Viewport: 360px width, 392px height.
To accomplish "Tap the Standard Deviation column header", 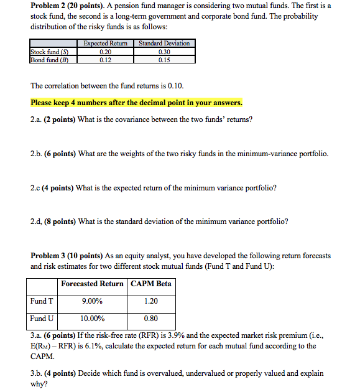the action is click(x=164, y=44).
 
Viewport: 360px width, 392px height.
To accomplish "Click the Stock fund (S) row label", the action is click(x=50, y=52).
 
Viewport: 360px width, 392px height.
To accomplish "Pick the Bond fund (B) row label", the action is click(x=49, y=60).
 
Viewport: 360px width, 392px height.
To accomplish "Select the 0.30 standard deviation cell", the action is click(x=164, y=52).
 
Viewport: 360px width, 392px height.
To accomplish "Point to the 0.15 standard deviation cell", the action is click(x=164, y=60).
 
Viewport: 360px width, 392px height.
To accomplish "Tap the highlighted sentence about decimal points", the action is click(x=136, y=103).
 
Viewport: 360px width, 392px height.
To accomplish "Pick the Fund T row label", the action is click(x=42, y=302).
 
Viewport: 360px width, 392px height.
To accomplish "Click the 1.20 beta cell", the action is click(x=150, y=302).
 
